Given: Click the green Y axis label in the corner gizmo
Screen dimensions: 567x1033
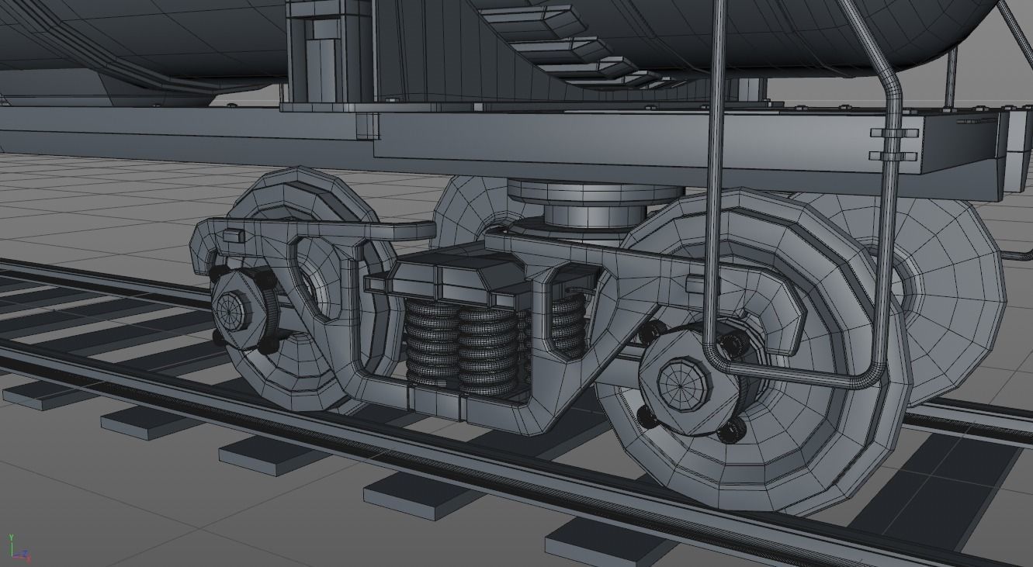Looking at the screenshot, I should coord(12,537).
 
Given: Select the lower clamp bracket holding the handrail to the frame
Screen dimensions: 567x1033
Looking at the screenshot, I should coord(893,156).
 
